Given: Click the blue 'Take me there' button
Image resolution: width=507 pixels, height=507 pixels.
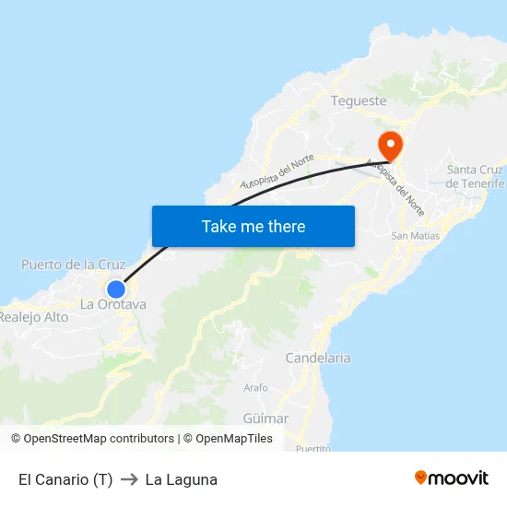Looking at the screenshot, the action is pyautogui.click(x=253, y=226).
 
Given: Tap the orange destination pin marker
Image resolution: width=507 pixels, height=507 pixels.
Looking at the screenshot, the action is pyautogui.click(x=390, y=145).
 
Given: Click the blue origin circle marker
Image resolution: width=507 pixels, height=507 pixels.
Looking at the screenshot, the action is pyautogui.click(x=115, y=289).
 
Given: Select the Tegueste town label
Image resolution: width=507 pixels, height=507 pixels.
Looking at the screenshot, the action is pyautogui.click(x=359, y=100).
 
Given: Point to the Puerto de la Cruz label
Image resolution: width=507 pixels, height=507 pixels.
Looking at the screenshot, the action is pyautogui.click(x=73, y=265).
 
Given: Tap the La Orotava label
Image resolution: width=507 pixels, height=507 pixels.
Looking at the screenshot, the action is pyautogui.click(x=112, y=304).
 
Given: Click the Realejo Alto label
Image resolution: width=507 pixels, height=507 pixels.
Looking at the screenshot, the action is pyautogui.click(x=34, y=316).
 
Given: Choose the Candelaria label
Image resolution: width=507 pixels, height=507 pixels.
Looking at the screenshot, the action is pyautogui.click(x=318, y=358).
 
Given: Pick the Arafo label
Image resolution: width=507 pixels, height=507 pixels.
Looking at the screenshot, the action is pyautogui.click(x=255, y=388).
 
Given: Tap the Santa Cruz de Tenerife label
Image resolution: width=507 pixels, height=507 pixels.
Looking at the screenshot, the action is pyautogui.click(x=475, y=176).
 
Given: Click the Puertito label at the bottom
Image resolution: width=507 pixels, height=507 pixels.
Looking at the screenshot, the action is pyautogui.click(x=313, y=448).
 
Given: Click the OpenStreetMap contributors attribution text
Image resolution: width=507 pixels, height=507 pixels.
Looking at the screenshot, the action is pyautogui.click(x=99, y=439).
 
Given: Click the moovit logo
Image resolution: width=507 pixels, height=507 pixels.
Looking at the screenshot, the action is pyautogui.click(x=451, y=478).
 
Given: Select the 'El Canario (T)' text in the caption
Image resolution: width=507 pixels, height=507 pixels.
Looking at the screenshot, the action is pyautogui.click(x=65, y=479).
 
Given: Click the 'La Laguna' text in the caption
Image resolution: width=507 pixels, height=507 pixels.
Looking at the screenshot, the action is pyautogui.click(x=181, y=479).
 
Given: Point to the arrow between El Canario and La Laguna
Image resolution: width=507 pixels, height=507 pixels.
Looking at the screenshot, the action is pyautogui.click(x=128, y=479).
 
